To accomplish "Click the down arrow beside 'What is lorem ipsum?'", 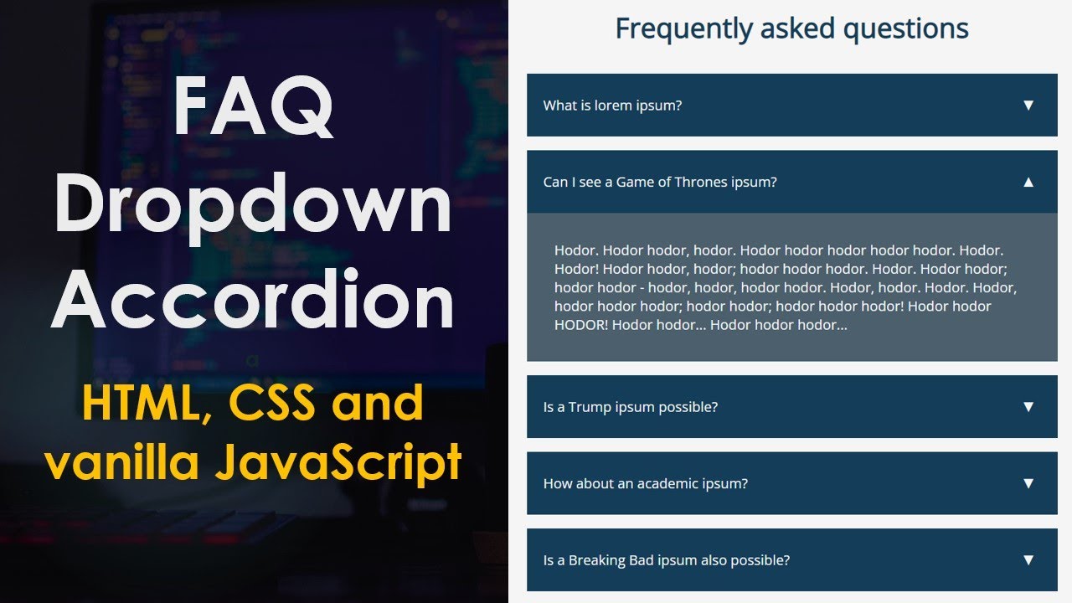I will pyautogui.click(x=1028, y=106).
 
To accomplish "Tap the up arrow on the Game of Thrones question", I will pyautogui.click(x=1028, y=182).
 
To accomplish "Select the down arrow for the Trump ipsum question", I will pyautogui.click(x=1028, y=407).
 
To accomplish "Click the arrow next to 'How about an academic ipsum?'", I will pyautogui.click(x=1028, y=483).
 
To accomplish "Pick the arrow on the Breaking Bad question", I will pyautogui.click(x=1028, y=560).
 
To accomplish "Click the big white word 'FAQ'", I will pyautogui.click(x=254, y=108).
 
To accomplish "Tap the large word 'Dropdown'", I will pyautogui.click(x=254, y=206).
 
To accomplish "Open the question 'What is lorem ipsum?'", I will pyautogui.click(x=612, y=106).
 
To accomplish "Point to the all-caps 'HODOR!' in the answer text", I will pyautogui.click(x=580, y=325).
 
